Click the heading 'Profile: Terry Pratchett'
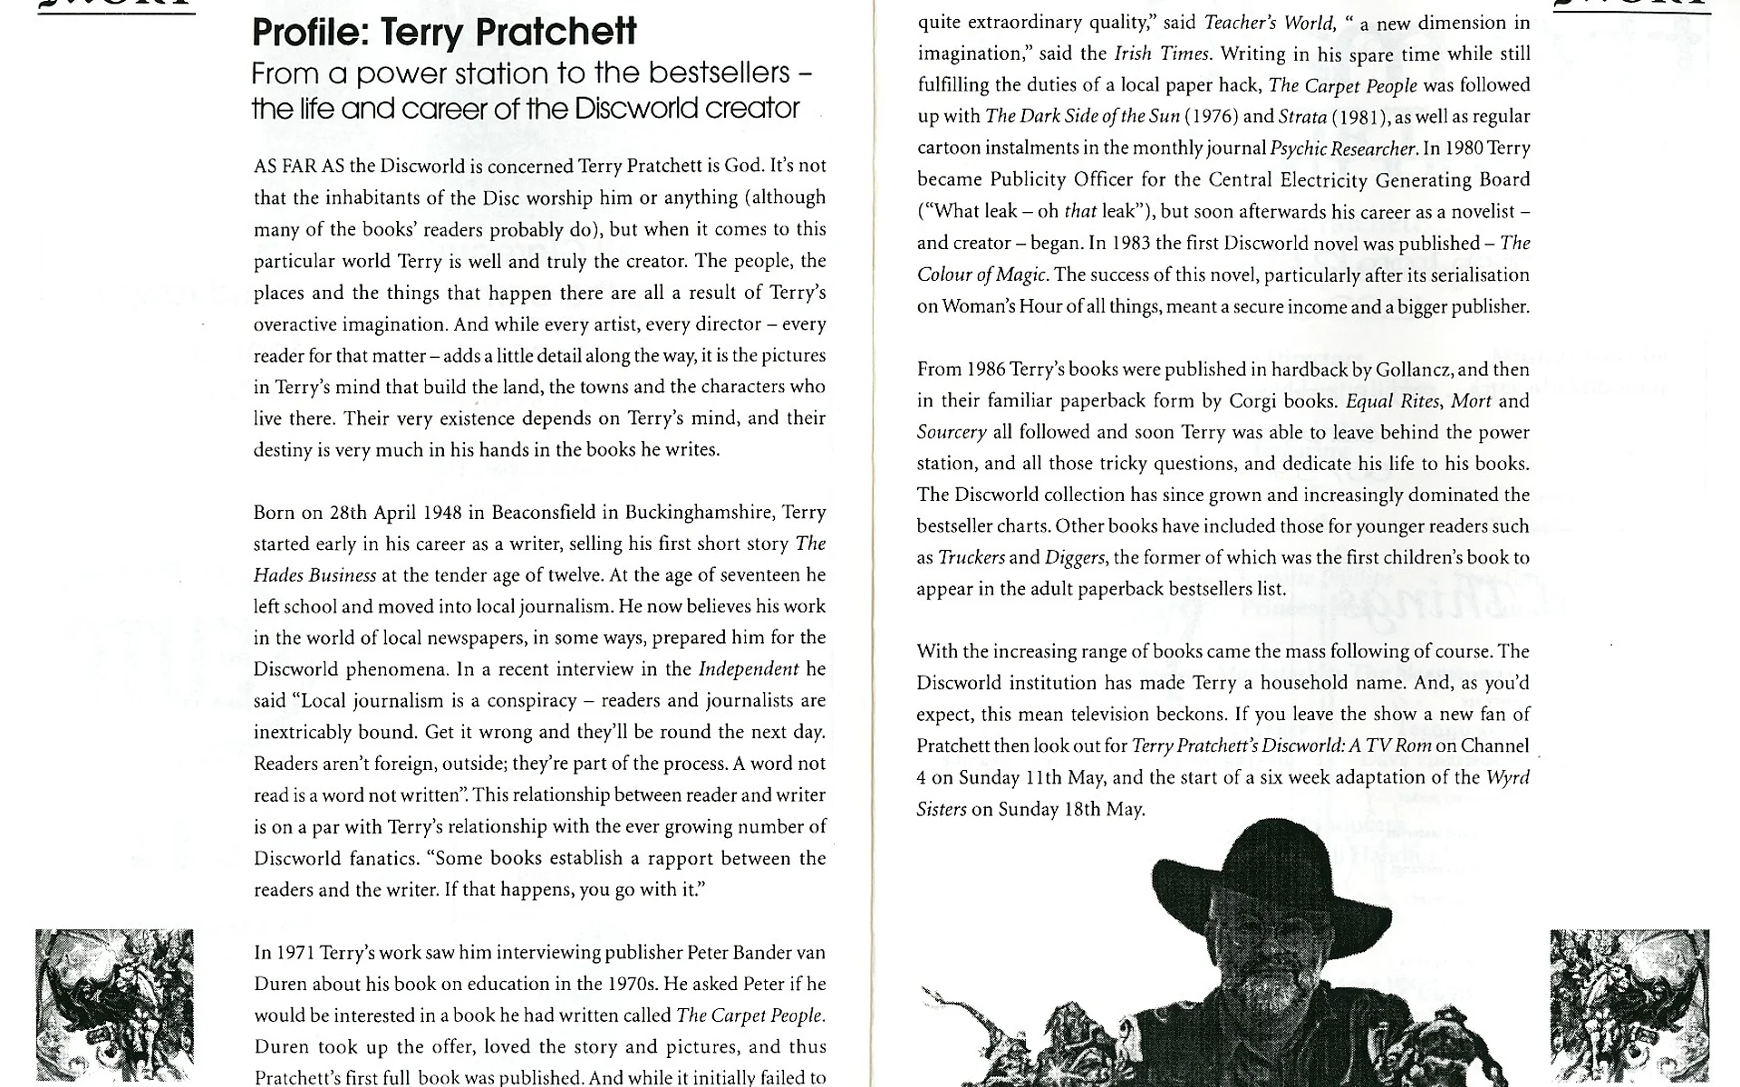pos(444,33)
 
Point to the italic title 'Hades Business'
pos(314,576)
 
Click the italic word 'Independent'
pos(749,669)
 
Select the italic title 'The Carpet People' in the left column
pos(749,1015)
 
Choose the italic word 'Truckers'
pos(971,558)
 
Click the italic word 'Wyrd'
pos(1508,778)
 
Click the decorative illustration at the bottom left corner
pos(114,1005)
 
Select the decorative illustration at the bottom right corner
pos(1629,1005)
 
